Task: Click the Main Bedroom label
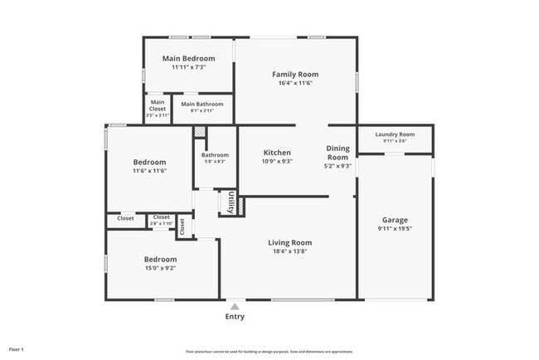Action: click(x=188, y=58)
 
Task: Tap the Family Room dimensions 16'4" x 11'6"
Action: click(x=295, y=84)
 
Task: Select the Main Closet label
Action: click(x=158, y=105)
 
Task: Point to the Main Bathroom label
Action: click(x=202, y=104)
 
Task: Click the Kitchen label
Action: click(x=277, y=153)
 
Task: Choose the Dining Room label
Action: click(x=337, y=153)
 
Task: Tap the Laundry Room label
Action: click(x=395, y=134)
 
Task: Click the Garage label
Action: click(x=395, y=220)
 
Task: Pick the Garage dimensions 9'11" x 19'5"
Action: click(x=395, y=229)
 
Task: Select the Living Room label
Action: click(x=289, y=242)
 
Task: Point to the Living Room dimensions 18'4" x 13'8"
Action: click(x=289, y=251)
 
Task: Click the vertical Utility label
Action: click(x=231, y=202)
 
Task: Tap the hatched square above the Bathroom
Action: click(x=199, y=132)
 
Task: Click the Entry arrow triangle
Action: click(x=236, y=305)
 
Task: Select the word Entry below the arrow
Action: click(x=236, y=316)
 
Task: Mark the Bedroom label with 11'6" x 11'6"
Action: click(x=150, y=162)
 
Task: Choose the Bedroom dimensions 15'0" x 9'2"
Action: click(x=160, y=268)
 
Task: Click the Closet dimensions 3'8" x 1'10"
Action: click(x=162, y=224)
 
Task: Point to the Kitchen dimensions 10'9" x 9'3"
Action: click(x=277, y=163)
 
